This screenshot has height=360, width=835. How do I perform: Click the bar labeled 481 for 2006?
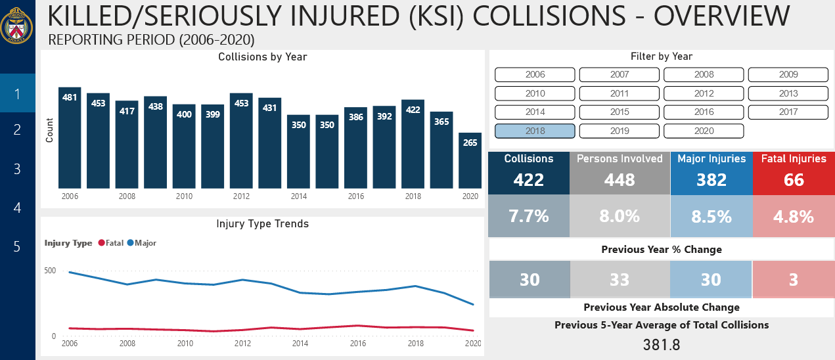(x=70, y=138)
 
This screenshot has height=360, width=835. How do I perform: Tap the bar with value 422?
(x=413, y=145)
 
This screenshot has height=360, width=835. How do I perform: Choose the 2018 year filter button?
(x=535, y=131)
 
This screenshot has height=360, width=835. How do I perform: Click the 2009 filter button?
(x=788, y=75)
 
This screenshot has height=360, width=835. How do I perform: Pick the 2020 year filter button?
(x=704, y=131)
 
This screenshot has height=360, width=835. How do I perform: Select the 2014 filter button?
(x=535, y=112)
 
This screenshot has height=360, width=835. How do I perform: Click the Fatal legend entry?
(x=111, y=243)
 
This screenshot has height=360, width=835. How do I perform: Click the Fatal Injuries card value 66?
(x=794, y=179)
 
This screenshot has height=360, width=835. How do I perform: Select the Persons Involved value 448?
(x=620, y=179)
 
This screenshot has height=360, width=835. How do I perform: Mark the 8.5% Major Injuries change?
(x=711, y=216)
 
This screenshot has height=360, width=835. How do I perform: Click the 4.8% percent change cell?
(x=794, y=216)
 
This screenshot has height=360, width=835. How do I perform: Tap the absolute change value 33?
(x=620, y=280)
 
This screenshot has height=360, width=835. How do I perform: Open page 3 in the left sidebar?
(x=18, y=169)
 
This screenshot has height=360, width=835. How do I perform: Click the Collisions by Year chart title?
(x=262, y=57)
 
